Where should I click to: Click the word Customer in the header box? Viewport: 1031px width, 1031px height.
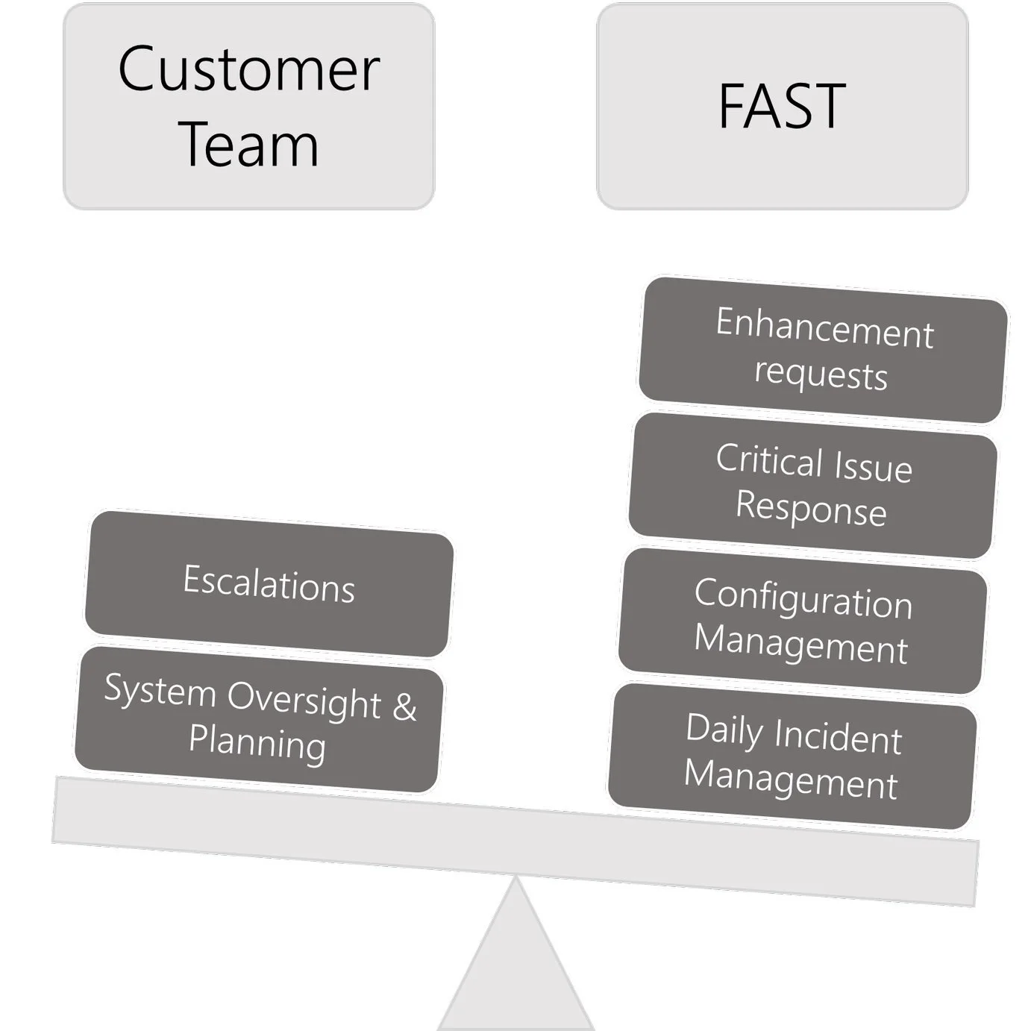click(x=248, y=69)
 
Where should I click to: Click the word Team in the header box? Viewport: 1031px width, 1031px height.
click(x=248, y=144)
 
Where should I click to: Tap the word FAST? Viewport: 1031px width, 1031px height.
click(x=782, y=106)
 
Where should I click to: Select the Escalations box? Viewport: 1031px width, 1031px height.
click(x=269, y=583)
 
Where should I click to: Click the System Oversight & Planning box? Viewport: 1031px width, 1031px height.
click(x=258, y=718)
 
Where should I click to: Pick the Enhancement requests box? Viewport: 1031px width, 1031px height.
click(x=823, y=349)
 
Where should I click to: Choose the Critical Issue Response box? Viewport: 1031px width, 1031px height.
click(x=812, y=485)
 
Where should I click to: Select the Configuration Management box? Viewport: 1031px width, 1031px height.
click(x=803, y=621)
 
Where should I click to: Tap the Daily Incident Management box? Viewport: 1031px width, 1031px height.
click(x=792, y=756)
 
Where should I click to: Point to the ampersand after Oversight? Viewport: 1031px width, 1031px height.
click(x=404, y=706)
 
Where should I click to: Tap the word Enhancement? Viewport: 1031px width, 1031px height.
click(x=824, y=328)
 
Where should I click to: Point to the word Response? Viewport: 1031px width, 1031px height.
click(x=811, y=508)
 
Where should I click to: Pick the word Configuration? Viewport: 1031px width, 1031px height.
click(x=803, y=598)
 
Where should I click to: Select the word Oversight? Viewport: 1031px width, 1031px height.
click(x=304, y=700)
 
